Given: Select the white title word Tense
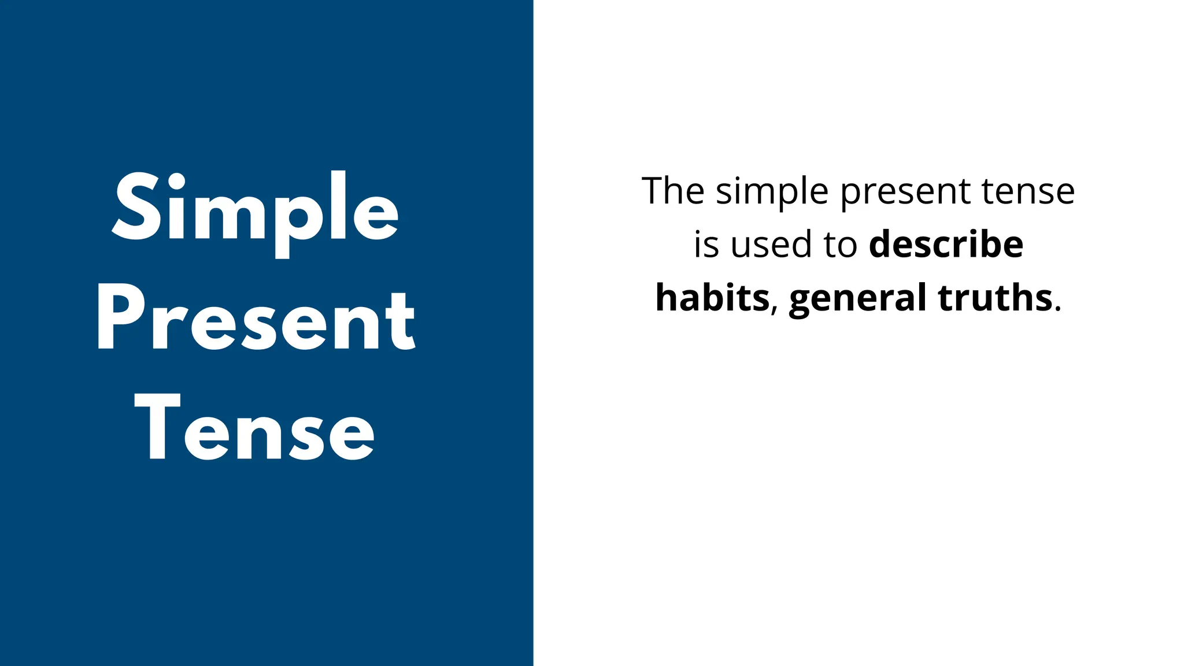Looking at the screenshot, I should click(255, 428).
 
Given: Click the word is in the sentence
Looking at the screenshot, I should click(706, 245).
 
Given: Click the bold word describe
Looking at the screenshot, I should click(946, 244).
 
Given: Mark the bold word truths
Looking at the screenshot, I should click(994, 298).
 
